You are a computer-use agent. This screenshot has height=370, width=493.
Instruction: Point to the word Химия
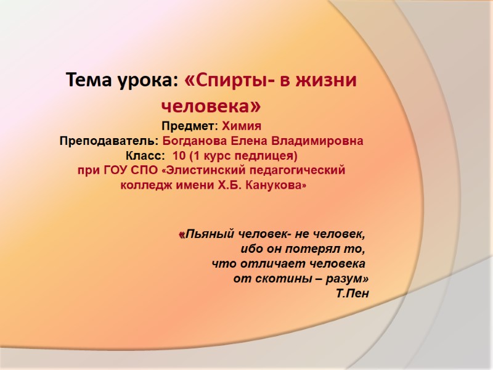(x=242, y=127)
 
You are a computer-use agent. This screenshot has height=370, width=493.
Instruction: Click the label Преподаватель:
(x=109, y=141)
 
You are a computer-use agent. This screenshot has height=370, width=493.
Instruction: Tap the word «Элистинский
(x=201, y=170)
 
